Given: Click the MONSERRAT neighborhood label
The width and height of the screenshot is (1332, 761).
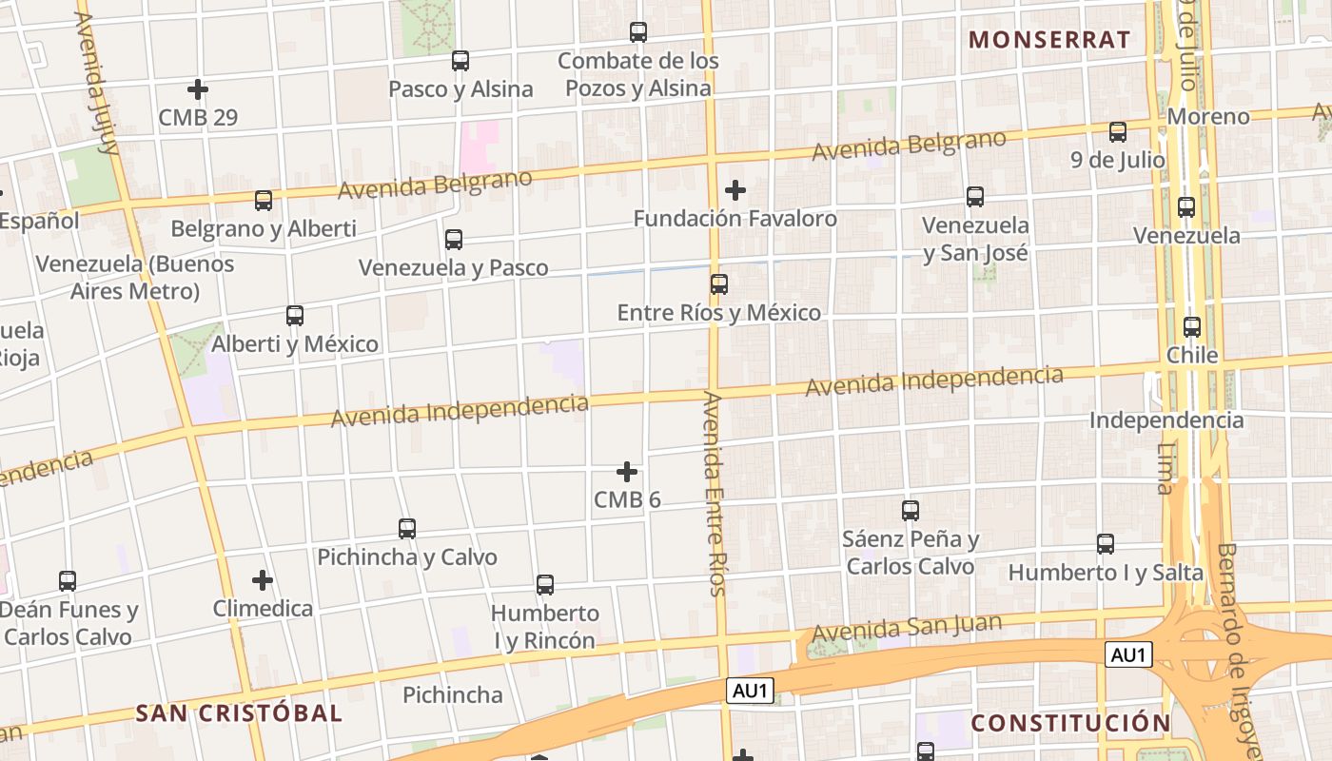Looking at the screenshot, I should point(1048,40).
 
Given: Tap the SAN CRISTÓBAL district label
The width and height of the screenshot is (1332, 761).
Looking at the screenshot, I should point(238,712).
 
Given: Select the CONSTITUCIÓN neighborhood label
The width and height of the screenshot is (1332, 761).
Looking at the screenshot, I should point(1070,723).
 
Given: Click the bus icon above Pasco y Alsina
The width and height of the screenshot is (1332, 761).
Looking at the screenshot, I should point(460,61).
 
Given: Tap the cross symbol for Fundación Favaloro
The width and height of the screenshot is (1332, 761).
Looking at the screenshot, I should point(735,190).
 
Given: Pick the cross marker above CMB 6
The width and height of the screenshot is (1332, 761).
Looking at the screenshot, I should point(627,472).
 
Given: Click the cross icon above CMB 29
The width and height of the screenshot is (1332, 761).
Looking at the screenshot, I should point(198,89).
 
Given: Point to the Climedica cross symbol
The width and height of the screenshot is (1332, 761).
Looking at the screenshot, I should point(263,579).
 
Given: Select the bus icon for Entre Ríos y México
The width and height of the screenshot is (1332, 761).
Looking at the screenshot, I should point(719,283).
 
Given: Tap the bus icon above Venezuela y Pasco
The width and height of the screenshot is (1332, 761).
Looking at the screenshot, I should point(454,239).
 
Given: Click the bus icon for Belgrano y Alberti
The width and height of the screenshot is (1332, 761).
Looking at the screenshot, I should point(264,201).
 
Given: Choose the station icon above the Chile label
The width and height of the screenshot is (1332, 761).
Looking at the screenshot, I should point(1192,327).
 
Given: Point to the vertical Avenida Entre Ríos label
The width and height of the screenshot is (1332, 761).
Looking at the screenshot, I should point(715,493).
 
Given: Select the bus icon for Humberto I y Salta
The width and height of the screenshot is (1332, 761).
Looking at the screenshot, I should point(1106,544).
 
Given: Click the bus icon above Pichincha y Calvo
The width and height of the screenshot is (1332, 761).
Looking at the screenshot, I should point(407,528).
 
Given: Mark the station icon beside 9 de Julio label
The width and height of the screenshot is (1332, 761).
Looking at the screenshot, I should point(1118,131).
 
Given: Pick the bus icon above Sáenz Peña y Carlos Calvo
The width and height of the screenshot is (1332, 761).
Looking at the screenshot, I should point(911,511).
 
